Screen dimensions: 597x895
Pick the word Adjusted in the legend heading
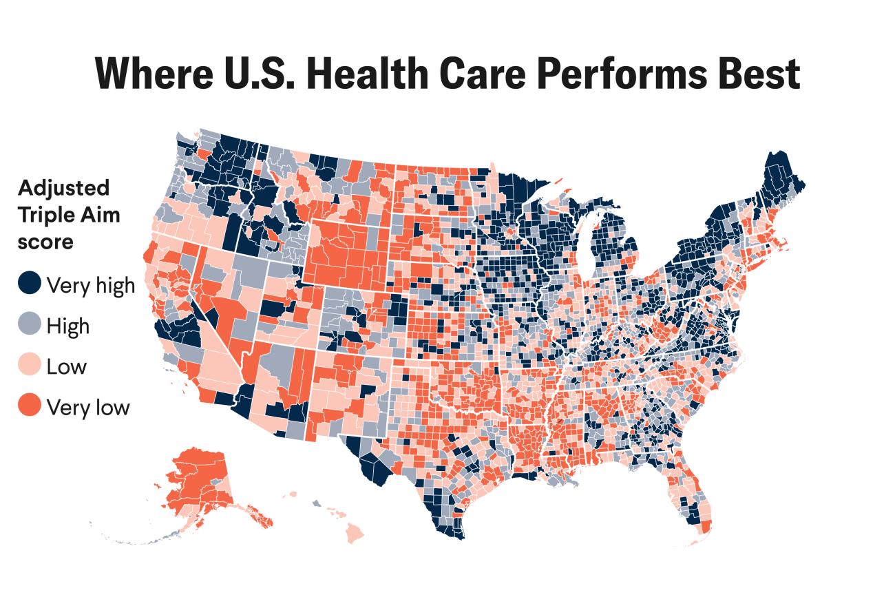[63, 188]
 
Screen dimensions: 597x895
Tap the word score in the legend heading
[45, 242]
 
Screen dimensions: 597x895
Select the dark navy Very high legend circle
[30, 284]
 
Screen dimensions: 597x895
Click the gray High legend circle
[30, 324]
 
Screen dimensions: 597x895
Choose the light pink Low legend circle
[30, 366]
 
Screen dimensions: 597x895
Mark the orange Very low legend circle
[30, 406]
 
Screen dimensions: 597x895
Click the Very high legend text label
[90, 284]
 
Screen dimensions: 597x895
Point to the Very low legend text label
[87, 407]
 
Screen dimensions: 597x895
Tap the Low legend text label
[66, 366]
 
